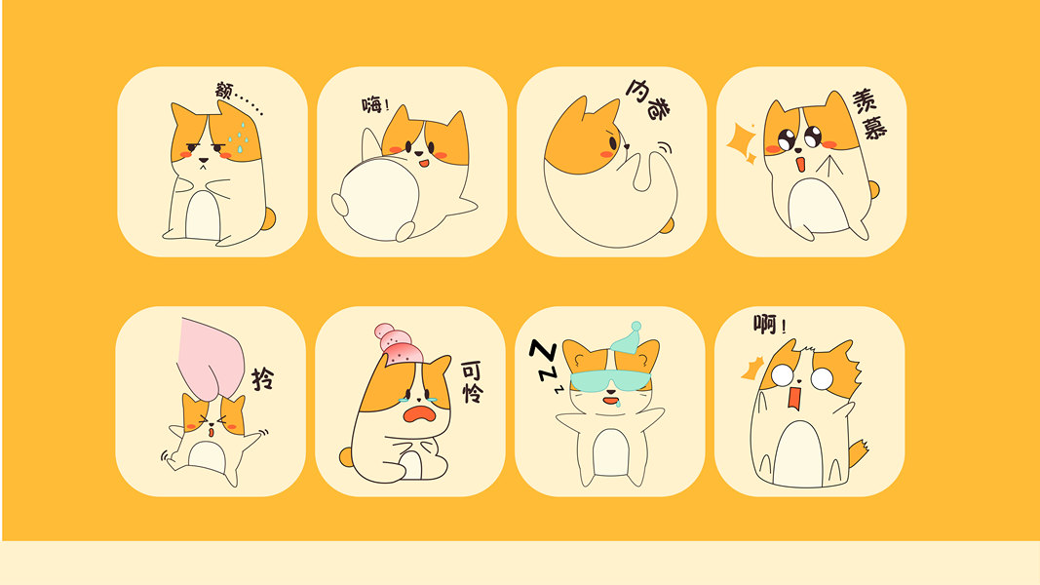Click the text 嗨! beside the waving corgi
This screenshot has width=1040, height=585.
tap(375, 104)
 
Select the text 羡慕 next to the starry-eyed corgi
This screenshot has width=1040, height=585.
tap(868, 114)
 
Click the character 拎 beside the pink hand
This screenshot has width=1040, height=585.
tap(262, 378)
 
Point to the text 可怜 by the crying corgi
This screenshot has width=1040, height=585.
tap(473, 382)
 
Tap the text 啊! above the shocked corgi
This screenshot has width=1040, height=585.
tap(770, 325)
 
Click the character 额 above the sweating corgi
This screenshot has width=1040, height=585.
tap(224, 91)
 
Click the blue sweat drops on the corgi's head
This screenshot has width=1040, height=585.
tap(238, 136)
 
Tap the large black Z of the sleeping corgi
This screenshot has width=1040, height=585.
tap(543, 352)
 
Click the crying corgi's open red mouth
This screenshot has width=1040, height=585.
tap(419, 414)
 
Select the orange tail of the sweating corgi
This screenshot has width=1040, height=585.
tap(268, 217)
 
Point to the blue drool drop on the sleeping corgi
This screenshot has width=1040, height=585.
tap(618, 402)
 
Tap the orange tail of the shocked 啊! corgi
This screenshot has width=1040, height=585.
tap(858, 454)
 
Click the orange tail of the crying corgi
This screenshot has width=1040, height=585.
tap(346, 456)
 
